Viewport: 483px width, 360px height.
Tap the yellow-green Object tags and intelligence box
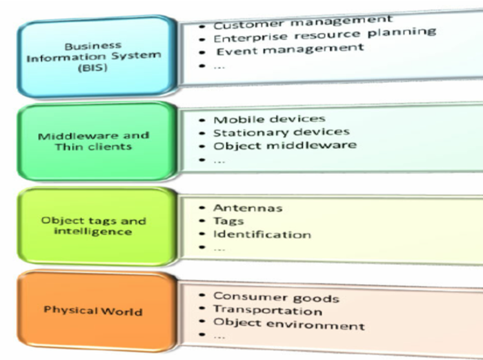tap(94, 226)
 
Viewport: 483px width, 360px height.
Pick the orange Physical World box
tap(94, 310)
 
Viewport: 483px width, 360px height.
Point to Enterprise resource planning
tap(324, 35)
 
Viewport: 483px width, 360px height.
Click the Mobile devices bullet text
tap(269, 119)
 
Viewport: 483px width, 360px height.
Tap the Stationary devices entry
tap(282, 132)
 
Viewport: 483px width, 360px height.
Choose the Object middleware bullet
tap(284, 146)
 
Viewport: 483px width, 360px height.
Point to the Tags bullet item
tap(228, 221)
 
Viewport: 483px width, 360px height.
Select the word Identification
tap(262, 234)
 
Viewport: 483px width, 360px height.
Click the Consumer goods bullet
tap(276, 297)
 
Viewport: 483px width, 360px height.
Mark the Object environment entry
tap(288, 323)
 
